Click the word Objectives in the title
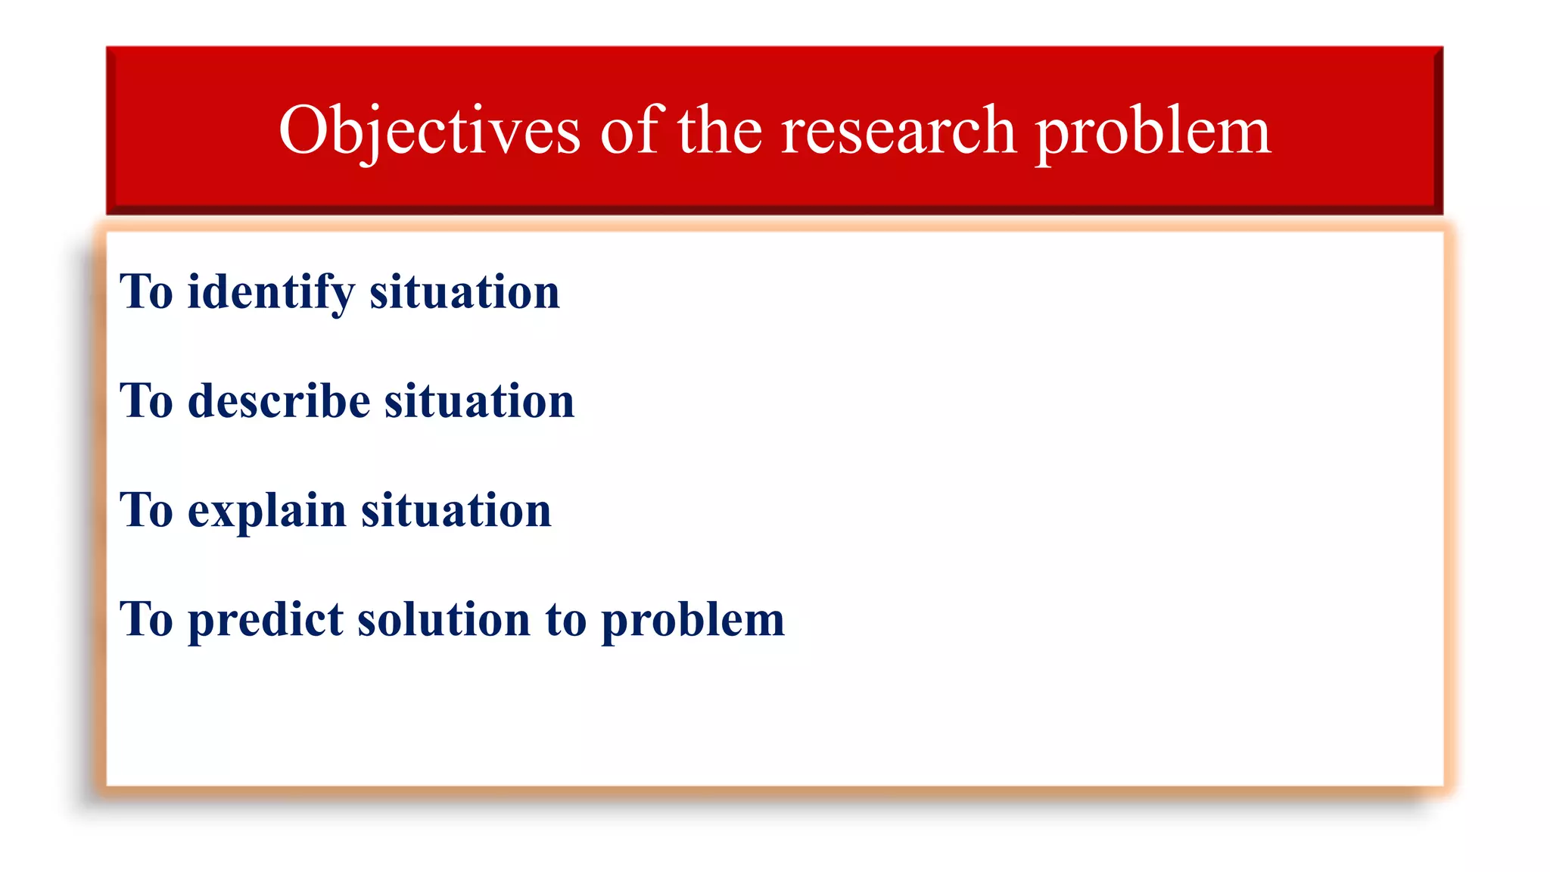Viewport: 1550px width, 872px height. tap(429, 130)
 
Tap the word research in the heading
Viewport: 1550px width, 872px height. tap(898, 130)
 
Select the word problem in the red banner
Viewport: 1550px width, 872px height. tap(1152, 130)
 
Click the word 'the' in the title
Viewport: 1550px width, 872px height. tap(719, 130)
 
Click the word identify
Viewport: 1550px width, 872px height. tap(270, 292)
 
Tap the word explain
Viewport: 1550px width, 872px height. tap(266, 510)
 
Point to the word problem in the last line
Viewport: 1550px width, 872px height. tap(693, 619)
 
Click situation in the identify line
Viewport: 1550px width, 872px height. tap(464, 292)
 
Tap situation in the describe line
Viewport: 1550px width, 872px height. tap(479, 401)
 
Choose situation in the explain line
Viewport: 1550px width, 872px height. tap(456, 510)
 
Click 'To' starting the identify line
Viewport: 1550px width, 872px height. tap(147, 292)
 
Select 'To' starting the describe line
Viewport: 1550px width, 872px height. tap(147, 401)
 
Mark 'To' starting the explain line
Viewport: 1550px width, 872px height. tap(147, 510)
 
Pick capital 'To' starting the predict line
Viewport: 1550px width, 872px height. tap(147, 619)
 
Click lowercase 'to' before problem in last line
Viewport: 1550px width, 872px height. tap(565, 619)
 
